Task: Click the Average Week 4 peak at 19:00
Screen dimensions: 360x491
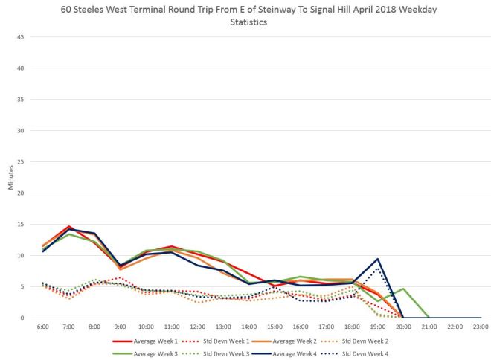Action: [378, 259]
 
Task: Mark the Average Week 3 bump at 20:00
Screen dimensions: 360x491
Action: [403, 289]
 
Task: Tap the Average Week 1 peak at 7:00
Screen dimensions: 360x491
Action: [68, 226]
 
